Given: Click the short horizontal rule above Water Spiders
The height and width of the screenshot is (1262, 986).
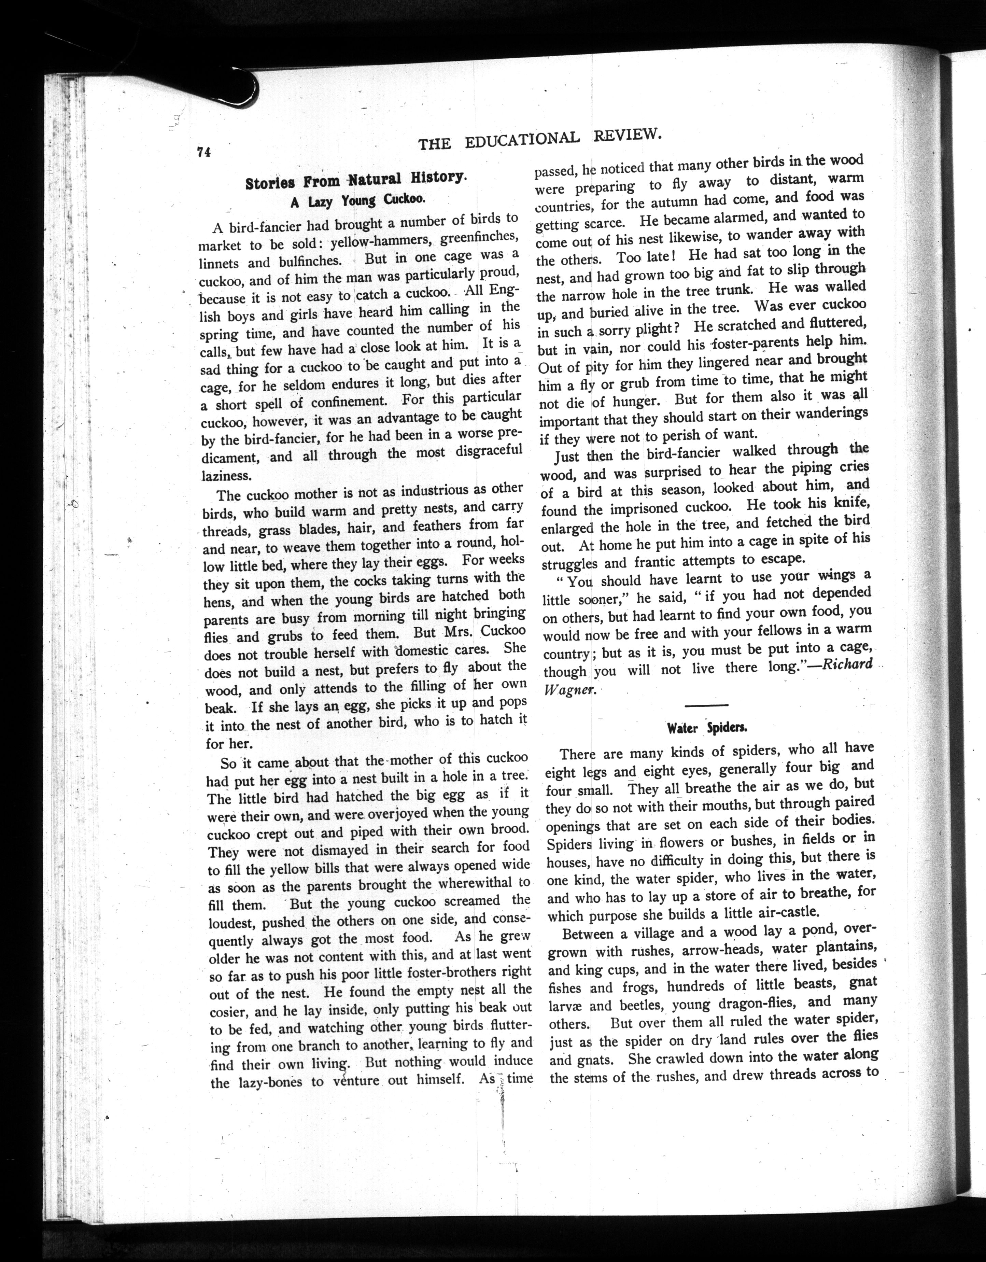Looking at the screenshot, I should [x=706, y=705].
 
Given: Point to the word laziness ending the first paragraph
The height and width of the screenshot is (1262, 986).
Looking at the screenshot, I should [x=226, y=476].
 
